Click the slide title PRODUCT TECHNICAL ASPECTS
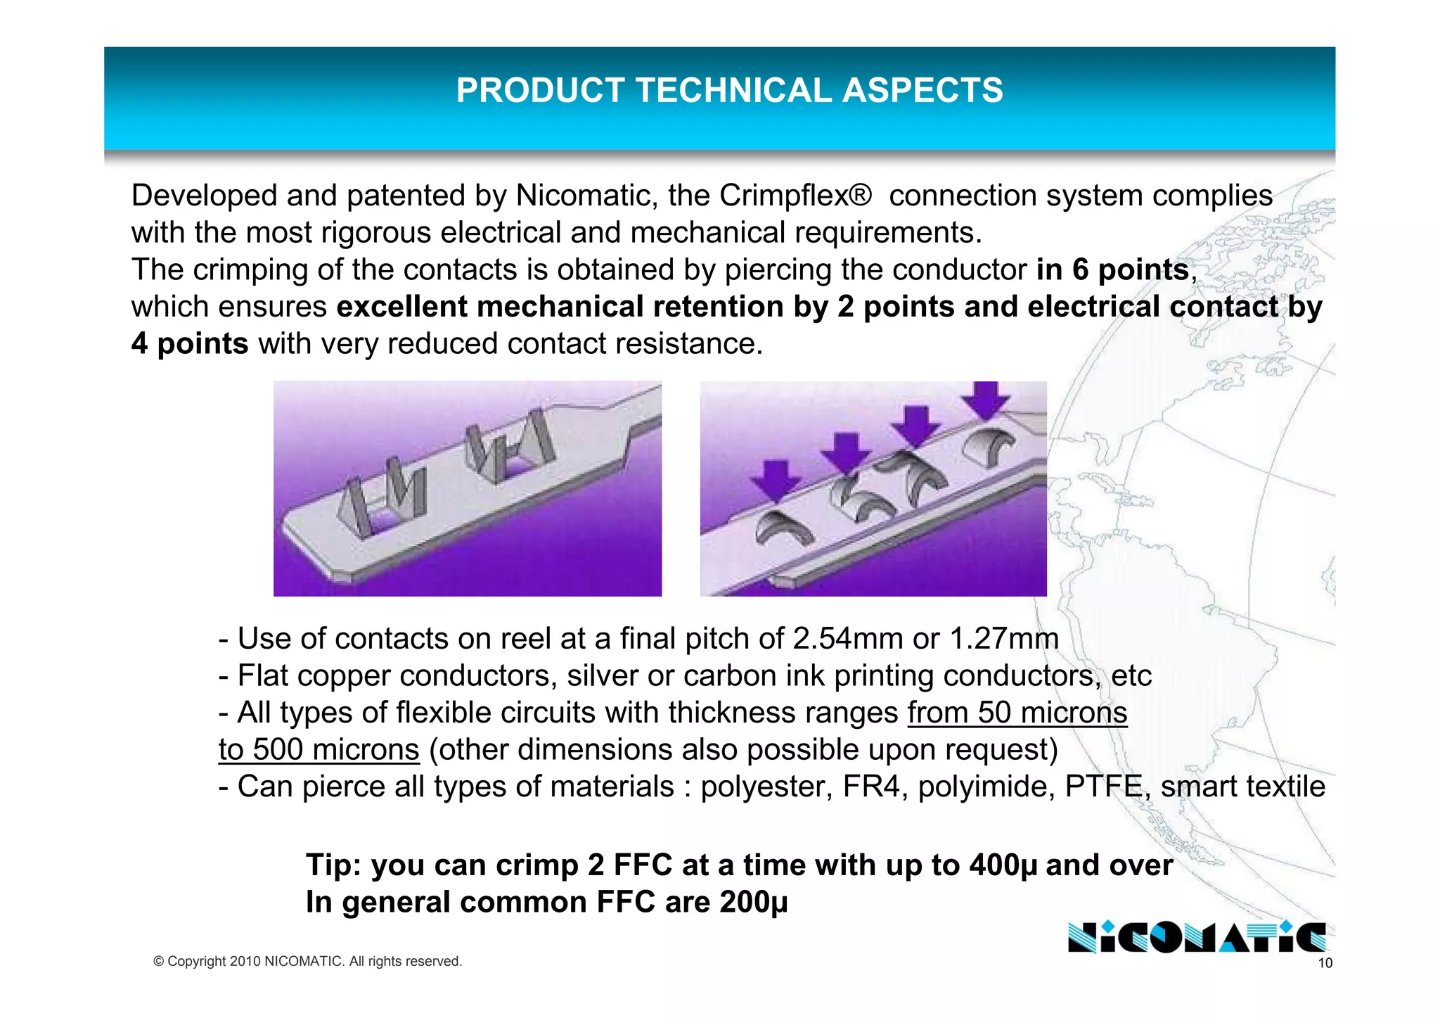(729, 91)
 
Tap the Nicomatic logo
(1196, 937)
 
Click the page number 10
(1325, 963)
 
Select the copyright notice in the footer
(307, 961)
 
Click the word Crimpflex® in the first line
(795, 196)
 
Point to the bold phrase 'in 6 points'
(1112, 270)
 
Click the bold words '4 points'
(190, 344)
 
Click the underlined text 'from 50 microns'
(1017, 713)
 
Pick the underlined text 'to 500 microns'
(319, 750)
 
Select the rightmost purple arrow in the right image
(986, 400)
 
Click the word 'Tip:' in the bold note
(333, 865)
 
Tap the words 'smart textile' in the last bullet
(1242, 787)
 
